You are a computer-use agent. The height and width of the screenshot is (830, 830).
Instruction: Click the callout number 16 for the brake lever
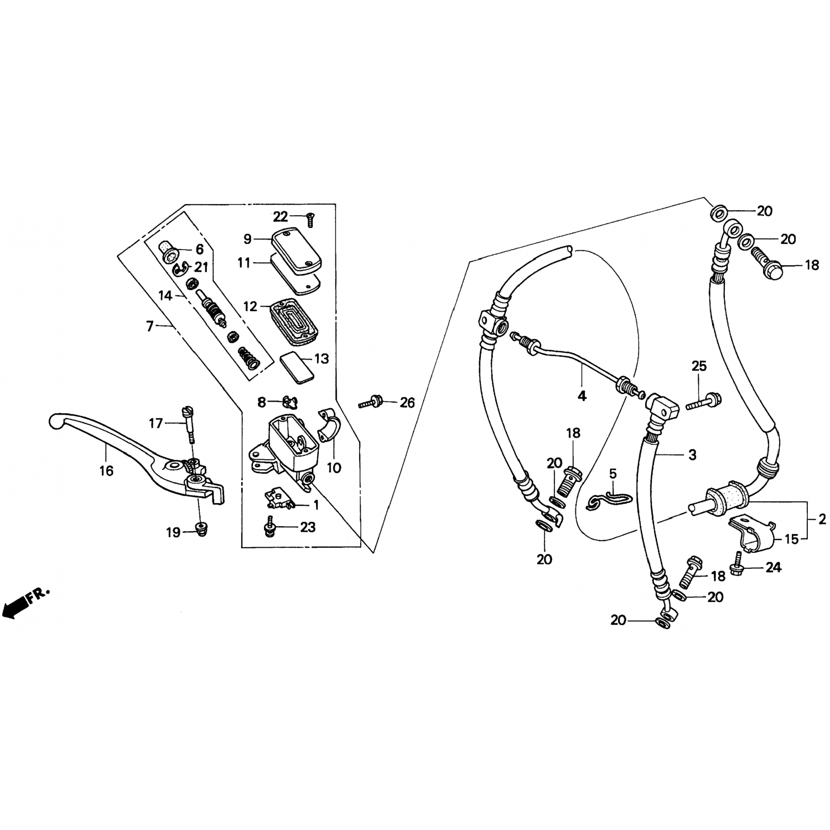[x=106, y=471]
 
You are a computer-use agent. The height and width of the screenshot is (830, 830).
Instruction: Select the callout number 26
[x=407, y=403]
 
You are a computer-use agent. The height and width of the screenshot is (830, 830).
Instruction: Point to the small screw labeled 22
[x=309, y=220]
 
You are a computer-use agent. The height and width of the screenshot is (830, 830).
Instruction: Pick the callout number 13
[x=321, y=359]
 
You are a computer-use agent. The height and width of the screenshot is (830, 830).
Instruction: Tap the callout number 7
[x=149, y=326]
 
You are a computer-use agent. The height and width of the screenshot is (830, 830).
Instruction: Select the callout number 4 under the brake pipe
[x=582, y=396]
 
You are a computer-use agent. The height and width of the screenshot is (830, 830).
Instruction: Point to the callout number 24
[x=774, y=567]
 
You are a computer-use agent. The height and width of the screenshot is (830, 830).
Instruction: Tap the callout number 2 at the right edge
[x=822, y=519]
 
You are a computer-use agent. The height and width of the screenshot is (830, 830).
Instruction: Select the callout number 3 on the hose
[x=692, y=455]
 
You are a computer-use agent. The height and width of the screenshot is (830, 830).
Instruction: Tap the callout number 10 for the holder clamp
[x=334, y=468]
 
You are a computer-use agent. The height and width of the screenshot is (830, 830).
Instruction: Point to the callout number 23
[x=308, y=527]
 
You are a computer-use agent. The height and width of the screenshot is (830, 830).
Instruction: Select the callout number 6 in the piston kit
[x=199, y=250]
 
